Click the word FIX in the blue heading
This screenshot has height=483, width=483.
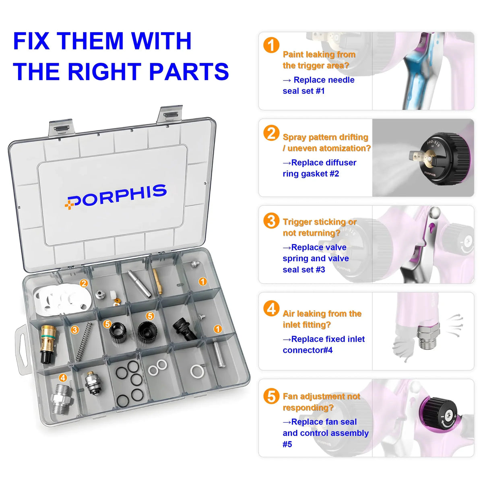coord(31,41)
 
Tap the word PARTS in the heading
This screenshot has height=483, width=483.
coord(189,71)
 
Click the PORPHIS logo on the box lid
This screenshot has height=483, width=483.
coord(116,197)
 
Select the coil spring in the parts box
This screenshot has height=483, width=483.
coord(84,342)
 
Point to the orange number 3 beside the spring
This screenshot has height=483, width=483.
coord(74,330)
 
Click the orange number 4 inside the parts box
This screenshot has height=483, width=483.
coord(63,378)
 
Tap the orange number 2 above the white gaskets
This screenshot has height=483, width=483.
coord(84,283)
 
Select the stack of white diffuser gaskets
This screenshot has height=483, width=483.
coord(62,299)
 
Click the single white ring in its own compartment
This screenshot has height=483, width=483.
coord(197,372)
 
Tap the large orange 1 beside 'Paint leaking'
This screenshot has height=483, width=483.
coord(271,45)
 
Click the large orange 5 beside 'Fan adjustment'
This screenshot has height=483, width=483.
coord(271,396)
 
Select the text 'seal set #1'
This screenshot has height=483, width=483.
coord(303,91)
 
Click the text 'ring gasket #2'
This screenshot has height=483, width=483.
coord(311,174)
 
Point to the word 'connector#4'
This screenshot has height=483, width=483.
coord(308,350)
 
